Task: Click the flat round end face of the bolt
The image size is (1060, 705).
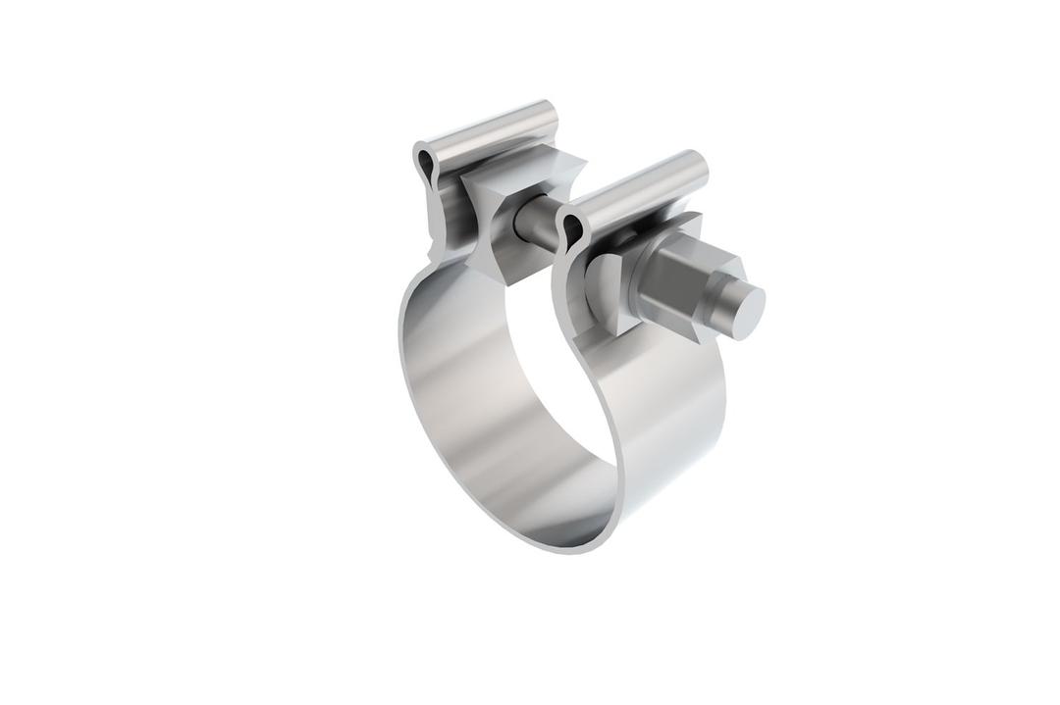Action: click(x=747, y=313)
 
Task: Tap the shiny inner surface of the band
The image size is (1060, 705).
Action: click(x=461, y=392)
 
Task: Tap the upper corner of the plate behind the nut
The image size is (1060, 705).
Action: click(x=693, y=220)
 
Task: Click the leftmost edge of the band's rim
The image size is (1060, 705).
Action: click(x=401, y=343)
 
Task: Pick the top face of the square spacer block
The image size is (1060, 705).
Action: click(x=515, y=167)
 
